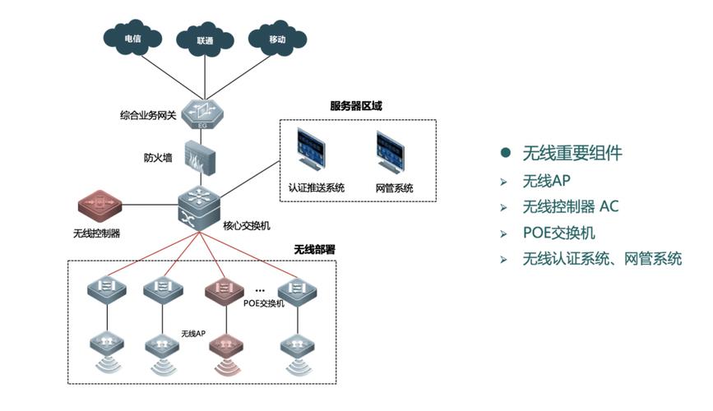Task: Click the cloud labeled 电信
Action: click(132, 38)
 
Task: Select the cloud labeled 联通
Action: click(205, 38)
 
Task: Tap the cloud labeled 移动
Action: click(276, 38)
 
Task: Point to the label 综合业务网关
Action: click(148, 114)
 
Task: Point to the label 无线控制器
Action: click(96, 233)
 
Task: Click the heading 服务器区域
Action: click(355, 106)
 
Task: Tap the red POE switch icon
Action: click(223, 289)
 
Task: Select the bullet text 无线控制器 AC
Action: click(570, 206)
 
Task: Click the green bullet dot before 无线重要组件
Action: click(506, 154)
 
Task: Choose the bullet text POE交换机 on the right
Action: click(558, 233)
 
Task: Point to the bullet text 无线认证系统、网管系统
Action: click(602, 259)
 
